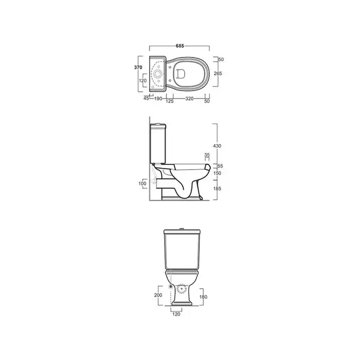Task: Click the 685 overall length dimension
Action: coord(180,46)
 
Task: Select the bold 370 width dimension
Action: coord(138,67)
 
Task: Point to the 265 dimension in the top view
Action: coord(218,73)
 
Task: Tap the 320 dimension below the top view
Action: coord(189,98)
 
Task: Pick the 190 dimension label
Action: coord(158,98)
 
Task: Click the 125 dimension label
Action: coord(169,101)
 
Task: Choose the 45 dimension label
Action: coord(146,98)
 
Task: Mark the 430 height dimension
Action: coord(217,146)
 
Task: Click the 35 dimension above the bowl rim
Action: coord(207,155)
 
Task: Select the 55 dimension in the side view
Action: coord(220,166)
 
